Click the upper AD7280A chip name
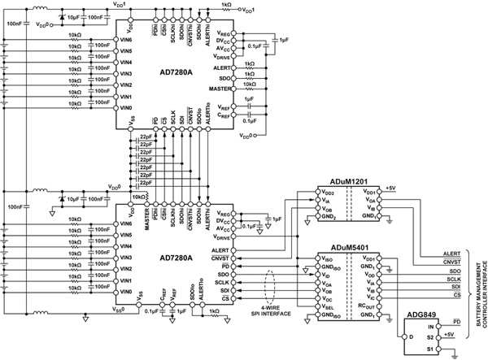(182, 72)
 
